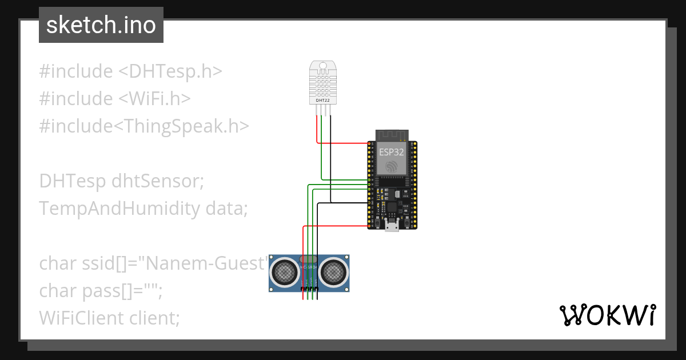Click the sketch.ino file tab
point(101,25)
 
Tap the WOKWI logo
point(607,315)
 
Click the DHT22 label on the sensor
point(322,101)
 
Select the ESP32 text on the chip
point(392,153)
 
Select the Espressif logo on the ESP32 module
point(392,166)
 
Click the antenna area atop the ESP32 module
point(392,135)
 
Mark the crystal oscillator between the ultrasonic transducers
point(309,260)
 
